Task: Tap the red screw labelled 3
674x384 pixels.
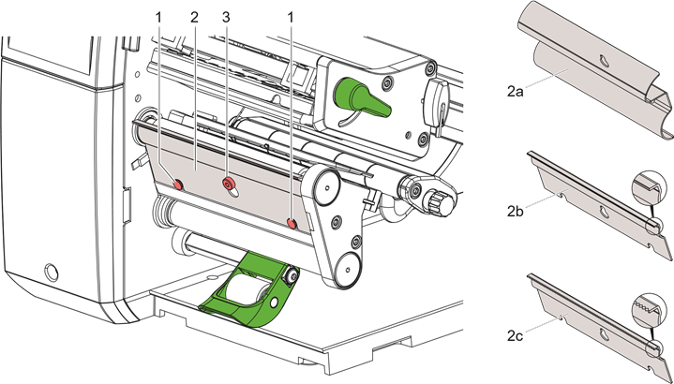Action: pos(228,184)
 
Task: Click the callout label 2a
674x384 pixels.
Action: pos(514,92)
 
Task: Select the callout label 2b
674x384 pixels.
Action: pos(515,212)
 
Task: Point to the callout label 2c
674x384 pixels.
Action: pos(514,336)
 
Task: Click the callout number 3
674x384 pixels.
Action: pos(227,18)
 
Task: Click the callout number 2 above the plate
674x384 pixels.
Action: pos(195,18)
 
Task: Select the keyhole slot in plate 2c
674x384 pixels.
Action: pos(604,335)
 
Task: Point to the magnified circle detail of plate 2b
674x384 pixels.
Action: pos(648,187)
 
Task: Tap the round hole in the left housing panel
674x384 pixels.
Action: pos(51,272)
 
